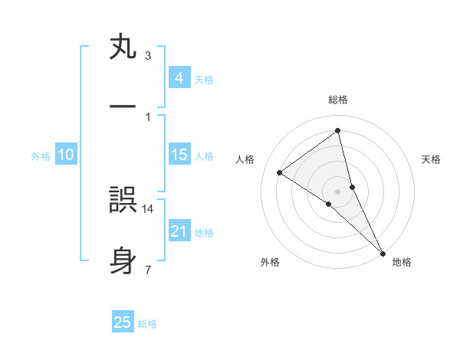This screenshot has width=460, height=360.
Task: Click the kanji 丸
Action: (123, 47)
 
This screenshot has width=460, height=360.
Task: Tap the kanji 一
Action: (123, 108)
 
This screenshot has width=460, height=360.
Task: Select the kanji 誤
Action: (123, 201)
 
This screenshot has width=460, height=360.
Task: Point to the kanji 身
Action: (123, 260)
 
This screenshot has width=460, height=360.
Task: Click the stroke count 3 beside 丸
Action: (148, 56)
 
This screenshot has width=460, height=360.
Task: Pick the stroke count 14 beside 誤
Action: (149, 208)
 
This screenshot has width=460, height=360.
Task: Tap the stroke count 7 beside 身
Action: (148, 269)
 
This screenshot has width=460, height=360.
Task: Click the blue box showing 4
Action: (179, 77)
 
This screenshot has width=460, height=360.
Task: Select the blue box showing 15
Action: (179, 155)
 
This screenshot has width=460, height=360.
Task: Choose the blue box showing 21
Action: (179, 231)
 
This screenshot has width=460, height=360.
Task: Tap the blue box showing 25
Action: (123, 322)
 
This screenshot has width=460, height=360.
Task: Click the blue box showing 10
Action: (66, 155)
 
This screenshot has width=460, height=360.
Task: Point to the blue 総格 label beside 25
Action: (147, 324)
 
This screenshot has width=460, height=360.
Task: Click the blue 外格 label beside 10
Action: (41, 156)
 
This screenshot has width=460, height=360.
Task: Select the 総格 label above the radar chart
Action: (338, 100)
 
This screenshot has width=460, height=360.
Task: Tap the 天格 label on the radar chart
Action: (432, 159)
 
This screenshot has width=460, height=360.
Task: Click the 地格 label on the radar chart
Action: (402, 262)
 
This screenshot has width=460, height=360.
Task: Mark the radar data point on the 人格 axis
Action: (280, 172)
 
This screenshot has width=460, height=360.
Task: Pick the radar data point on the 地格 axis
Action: (383, 252)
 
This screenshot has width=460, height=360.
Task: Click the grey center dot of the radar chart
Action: (338, 191)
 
